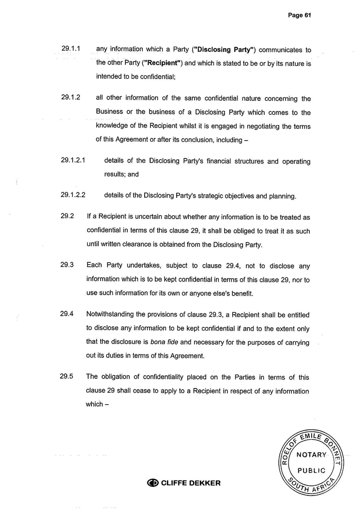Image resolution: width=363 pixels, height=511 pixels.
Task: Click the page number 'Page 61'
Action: (299, 15)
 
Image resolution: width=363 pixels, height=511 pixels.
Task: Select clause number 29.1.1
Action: (71, 49)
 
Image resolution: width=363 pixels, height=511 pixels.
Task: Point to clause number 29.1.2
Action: (71, 98)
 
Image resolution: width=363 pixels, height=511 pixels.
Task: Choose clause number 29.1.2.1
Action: (74, 160)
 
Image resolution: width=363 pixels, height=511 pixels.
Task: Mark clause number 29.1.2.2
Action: (74, 195)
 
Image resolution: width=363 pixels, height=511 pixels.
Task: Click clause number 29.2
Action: (67, 216)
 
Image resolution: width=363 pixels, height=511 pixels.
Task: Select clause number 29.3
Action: (67, 265)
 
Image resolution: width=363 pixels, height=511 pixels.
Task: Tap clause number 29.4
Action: (67, 314)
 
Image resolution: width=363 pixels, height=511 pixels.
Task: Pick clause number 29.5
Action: (67, 376)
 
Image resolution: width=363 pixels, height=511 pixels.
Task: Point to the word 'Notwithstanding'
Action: (110, 314)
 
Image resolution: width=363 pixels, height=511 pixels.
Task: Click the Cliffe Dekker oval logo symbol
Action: (153, 483)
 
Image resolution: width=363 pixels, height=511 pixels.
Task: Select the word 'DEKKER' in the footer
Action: (204, 483)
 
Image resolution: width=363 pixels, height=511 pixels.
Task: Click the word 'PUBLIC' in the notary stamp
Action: (311, 470)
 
